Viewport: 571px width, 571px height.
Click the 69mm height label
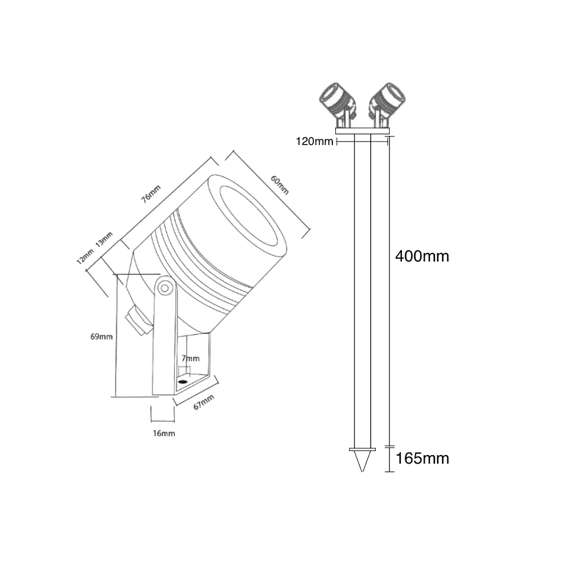coord(101,336)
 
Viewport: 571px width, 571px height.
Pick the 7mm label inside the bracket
coord(191,359)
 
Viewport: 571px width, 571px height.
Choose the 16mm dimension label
coord(164,433)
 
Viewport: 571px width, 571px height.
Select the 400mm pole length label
coord(422,256)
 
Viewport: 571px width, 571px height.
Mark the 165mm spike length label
coord(422,459)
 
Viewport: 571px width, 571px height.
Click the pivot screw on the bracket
coord(164,287)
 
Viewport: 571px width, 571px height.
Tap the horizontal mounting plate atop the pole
coord(361,131)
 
